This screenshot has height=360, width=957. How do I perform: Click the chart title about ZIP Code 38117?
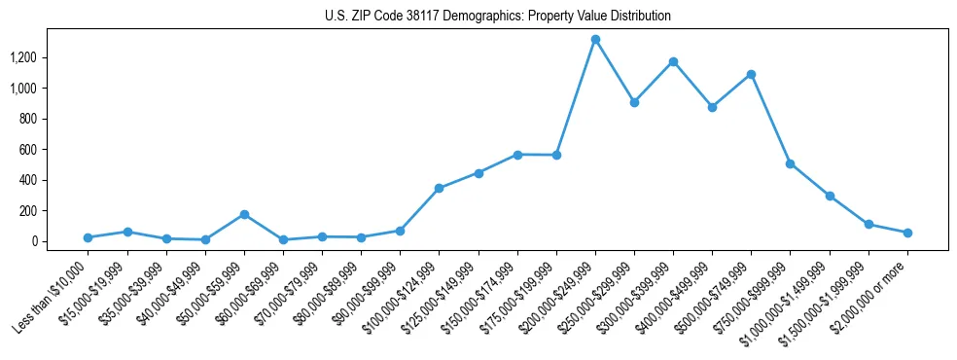(497, 16)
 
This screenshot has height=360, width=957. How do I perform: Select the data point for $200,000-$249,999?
(595, 40)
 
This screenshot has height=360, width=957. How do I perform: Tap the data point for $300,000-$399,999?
(673, 62)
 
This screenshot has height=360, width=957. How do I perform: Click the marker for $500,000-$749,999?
(751, 75)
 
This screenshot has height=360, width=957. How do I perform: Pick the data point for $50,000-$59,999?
(244, 214)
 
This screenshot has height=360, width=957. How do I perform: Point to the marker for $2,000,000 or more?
(907, 233)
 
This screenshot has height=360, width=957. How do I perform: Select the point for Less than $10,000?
(89, 237)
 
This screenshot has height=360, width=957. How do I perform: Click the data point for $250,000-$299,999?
(634, 102)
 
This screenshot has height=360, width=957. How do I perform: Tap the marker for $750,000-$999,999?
(791, 163)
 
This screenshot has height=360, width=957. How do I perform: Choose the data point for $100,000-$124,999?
(440, 188)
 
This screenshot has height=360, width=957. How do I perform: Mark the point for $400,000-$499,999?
(712, 107)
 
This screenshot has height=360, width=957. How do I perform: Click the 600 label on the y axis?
(40, 150)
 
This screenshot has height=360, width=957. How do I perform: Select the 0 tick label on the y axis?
(46, 241)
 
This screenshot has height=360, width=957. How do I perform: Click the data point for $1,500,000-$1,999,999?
(868, 225)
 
